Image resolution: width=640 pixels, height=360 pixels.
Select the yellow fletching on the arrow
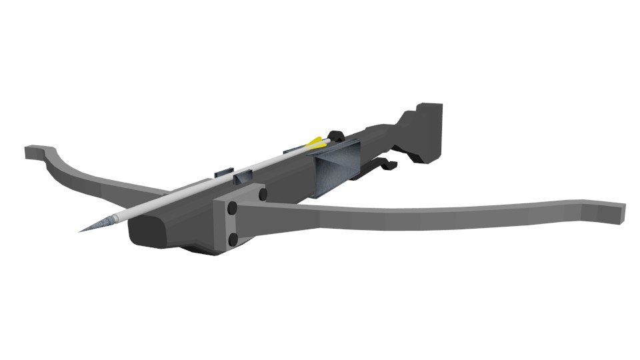315,143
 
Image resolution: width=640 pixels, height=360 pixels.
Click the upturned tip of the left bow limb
32,152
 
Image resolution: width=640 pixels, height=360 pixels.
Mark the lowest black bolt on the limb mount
233,239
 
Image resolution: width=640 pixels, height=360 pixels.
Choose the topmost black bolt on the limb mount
262,194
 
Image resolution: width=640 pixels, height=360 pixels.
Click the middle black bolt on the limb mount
232,209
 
